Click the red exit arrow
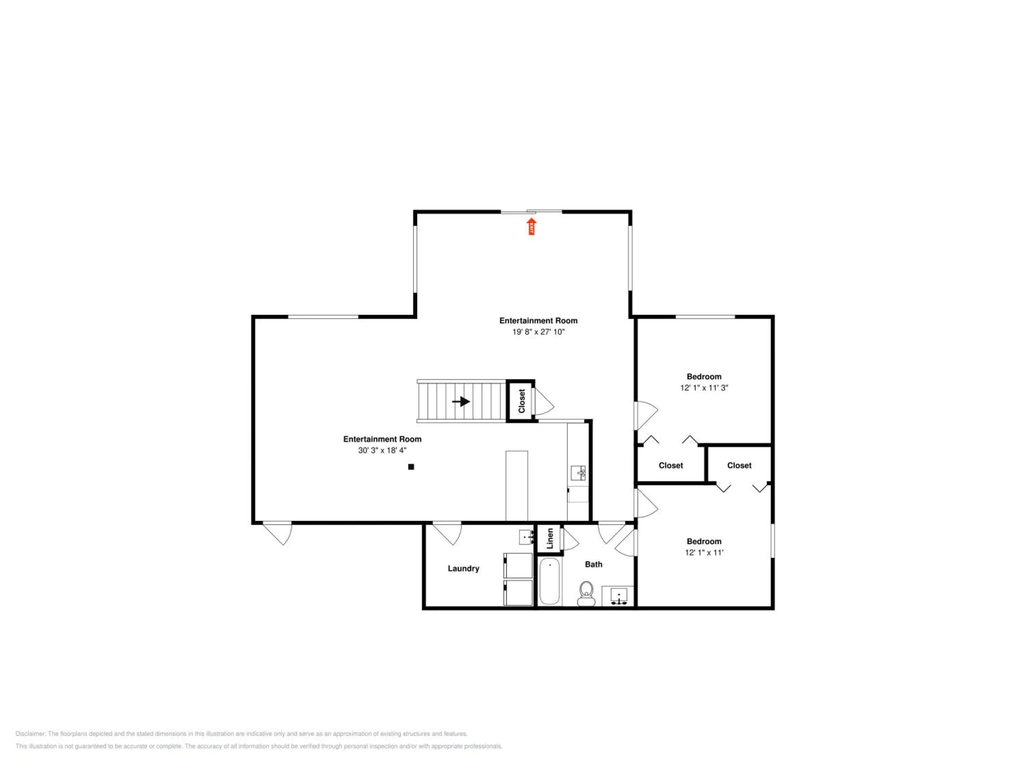[531, 227]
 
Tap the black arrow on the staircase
[461, 401]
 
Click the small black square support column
[411, 467]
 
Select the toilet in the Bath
[587, 594]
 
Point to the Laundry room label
[463, 568]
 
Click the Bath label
[594, 564]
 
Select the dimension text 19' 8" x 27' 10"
[539, 332]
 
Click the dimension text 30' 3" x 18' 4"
[382, 450]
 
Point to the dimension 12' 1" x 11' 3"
[704, 388]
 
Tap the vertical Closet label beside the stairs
[522, 401]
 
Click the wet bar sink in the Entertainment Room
[578, 473]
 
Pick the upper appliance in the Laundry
[518, 565]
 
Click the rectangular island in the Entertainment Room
[517, 486]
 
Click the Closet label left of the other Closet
[671, 465]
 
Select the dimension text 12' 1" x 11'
[704, 553]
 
